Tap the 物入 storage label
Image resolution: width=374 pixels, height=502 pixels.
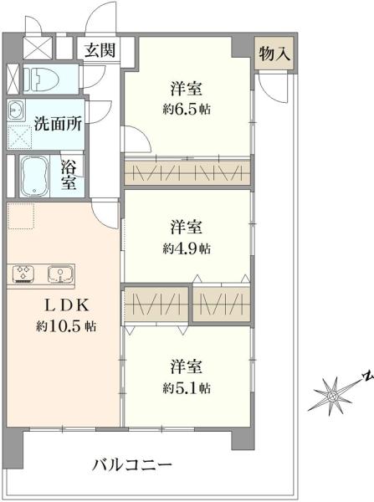pos(274,54)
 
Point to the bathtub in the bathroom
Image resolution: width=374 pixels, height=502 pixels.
pos(34,175)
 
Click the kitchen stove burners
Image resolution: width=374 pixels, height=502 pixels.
pos(22,274)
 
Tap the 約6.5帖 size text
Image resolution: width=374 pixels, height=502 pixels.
pos(187,110)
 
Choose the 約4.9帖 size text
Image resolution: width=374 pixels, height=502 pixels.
pos(187,248)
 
